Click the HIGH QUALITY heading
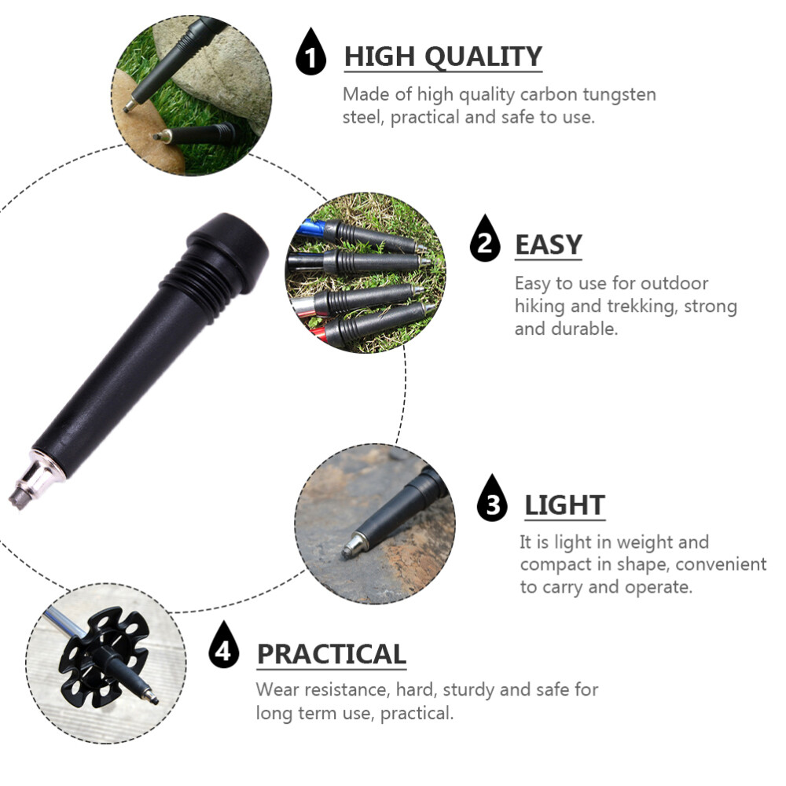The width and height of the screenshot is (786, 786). tap(443, 57)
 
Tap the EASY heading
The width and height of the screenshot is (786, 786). tap(548, 245)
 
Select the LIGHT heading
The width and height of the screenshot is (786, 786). tap(564, 505)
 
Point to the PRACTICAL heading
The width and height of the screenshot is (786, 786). tap(331, 654)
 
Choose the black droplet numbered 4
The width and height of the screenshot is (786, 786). tap(224, 648)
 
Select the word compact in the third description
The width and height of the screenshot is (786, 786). tap(556, 564)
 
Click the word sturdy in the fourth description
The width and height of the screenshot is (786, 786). tap(468, 690)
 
